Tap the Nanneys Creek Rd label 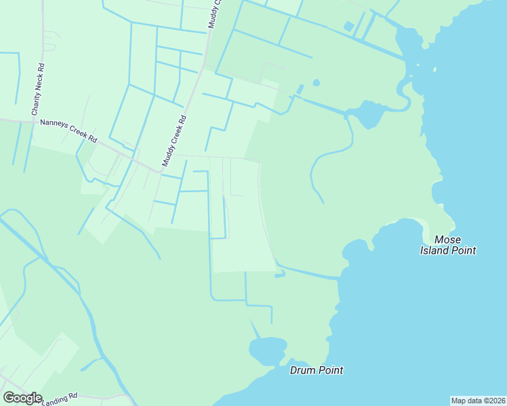(x=68, y=131)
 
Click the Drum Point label (x=316, y=370)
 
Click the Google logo (x=22, y=398)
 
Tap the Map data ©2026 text (x=478, y=401)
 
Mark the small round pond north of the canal (x=316, y=83)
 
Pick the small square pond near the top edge (x=348, y=26)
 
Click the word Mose (x=447, y=240)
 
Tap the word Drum (x=303, y=370)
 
